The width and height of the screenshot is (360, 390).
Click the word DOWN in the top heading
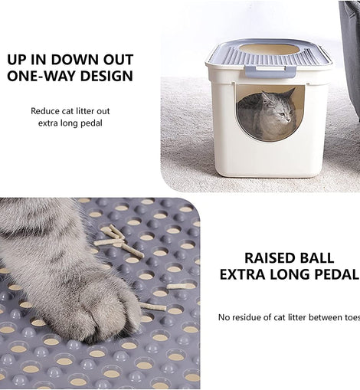pyautogui.click(x=75, y=60)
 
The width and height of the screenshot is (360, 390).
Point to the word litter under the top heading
pyautogui.click(x=85, y=111)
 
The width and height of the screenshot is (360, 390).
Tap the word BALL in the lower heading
pyautogui.click(x=316, y=258)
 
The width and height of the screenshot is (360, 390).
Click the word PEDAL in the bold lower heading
pyautogui.click(x=336, y=274)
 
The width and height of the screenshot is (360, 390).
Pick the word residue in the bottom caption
pyautogui.click(x=247, y=317)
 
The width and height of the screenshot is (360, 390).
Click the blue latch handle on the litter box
pyautogui.click(x=270, y=70)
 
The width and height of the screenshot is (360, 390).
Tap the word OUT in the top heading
pyautogui.click(x=118, y=60)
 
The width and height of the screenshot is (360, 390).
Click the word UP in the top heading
pyautogui.click(x=17, y=60)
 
